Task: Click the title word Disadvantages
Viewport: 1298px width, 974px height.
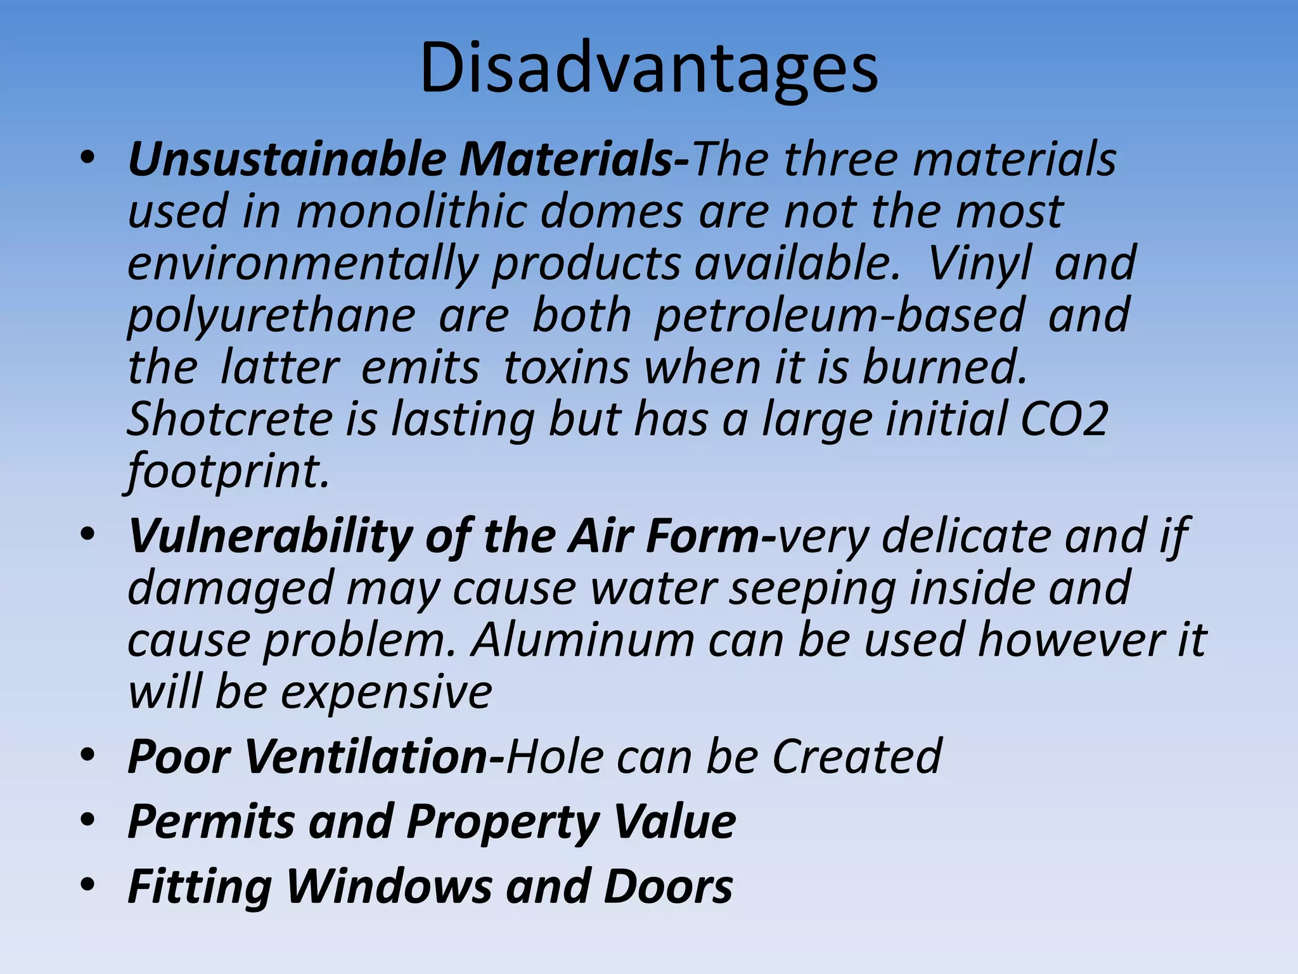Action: coord(648,68)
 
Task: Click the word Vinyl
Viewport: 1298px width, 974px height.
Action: coord(980,263)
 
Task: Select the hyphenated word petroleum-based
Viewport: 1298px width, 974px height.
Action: coord(839,315)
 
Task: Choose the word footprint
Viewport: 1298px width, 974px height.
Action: coord(228,472)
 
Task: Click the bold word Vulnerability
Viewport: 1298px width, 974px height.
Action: coord(270,536)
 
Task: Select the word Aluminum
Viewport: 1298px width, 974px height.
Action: coord(582,639)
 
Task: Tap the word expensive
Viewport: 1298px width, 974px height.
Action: coord(386,692)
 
